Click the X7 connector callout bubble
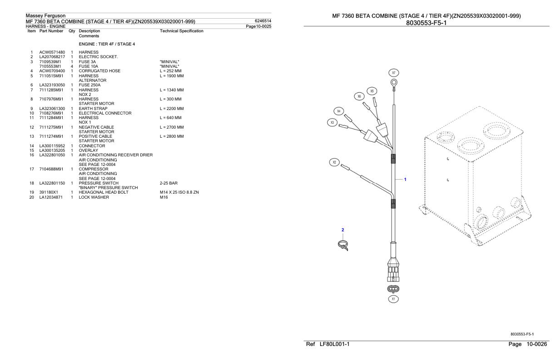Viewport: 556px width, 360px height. click(394, 73)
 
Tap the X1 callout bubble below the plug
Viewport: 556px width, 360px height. click(394, 299)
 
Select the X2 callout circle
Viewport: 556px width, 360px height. click(334, 162)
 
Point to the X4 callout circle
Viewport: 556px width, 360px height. click(339, 111)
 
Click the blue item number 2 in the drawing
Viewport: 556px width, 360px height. click(343, 230)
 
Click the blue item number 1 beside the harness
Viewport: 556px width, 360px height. click(405, 179)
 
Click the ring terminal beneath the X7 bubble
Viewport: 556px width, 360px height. click(394, 83)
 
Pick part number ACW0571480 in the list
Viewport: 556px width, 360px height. click(52, 52)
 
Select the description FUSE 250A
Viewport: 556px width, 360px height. click(89, 85)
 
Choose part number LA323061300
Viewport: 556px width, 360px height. click(52, 109)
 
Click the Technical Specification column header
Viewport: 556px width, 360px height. click(182, 31)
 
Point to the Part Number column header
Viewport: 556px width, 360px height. click(51, 31)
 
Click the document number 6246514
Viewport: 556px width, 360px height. click(263, 21)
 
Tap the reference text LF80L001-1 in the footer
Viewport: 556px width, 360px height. click(334, 345)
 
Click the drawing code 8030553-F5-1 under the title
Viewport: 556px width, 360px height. click(426, 23)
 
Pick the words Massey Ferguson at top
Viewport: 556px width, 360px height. click(45, 16)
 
